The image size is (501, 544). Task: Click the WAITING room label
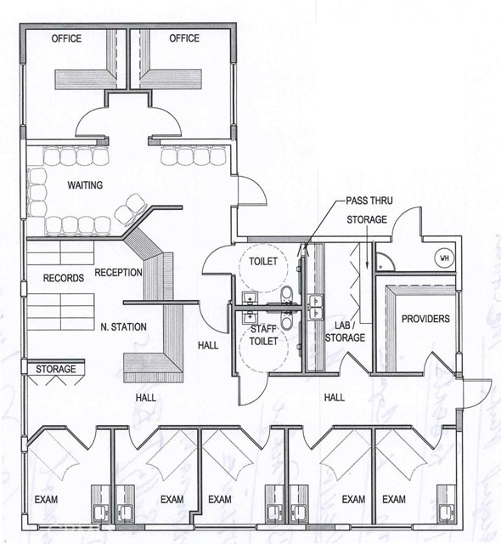pyautogui.click(x=86, y=184)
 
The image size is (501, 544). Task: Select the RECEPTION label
pyautogui.click(x=118, y=272)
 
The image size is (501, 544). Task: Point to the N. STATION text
pyautogui.click(x=124, y=326)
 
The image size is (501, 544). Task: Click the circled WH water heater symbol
pyautogui.click(x=443, y=258)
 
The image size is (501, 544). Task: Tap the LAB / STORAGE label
pyautogui.click(x=345, y=331)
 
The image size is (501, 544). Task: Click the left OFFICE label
pyautogui.click(x=66, y=38)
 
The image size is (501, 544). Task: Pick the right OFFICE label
pyautogui.click(x=183, y=38)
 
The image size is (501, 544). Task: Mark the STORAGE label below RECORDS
pyautogui.click(x=56, y=369)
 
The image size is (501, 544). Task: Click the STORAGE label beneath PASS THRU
pyautogui.click(x=367, y=220)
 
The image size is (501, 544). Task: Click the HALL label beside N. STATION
pyautogui.click(x=208, y=346)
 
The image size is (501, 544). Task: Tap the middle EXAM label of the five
pyautogui.click(x=220, y=499)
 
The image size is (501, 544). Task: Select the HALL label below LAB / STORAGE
pyautogui.click(x=332, y=397)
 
